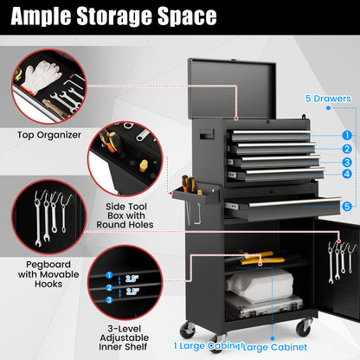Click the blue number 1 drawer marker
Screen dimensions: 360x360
pyautogui.click(x=346, y=134)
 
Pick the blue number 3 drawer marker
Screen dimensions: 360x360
pyautogui.click(x=346, y=161)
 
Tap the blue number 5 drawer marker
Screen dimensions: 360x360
pyautogui.click(x=346, y=206)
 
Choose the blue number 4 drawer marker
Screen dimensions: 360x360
pyautogui.click(x=346, y=174)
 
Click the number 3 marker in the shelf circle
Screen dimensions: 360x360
pyautogui.click(x=108, y=299)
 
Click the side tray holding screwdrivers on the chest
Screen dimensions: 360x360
pyautogui.click(x=191, y=194)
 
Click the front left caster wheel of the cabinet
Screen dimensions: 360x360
pyautogui.click(x=187, y=331)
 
